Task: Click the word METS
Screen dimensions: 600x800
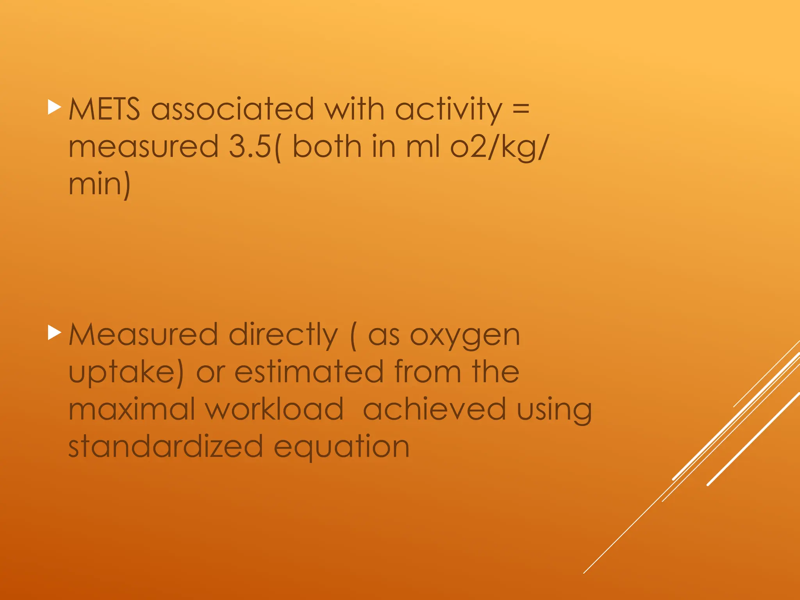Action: (104, 109)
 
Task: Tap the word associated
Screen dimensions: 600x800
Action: (232, 109)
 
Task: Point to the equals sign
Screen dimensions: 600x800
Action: (521, 108)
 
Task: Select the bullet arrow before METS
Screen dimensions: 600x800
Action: (54, 107)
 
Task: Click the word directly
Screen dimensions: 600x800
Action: (283, 336)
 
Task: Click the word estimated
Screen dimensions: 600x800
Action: (309, 372)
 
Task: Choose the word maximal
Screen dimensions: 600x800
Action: (131, 409)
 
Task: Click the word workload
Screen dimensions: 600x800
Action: (274, 409)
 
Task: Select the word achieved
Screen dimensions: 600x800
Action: (434, 409)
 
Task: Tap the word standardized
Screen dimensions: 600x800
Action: (166, 446)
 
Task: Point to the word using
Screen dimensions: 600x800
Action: (554, 411)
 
